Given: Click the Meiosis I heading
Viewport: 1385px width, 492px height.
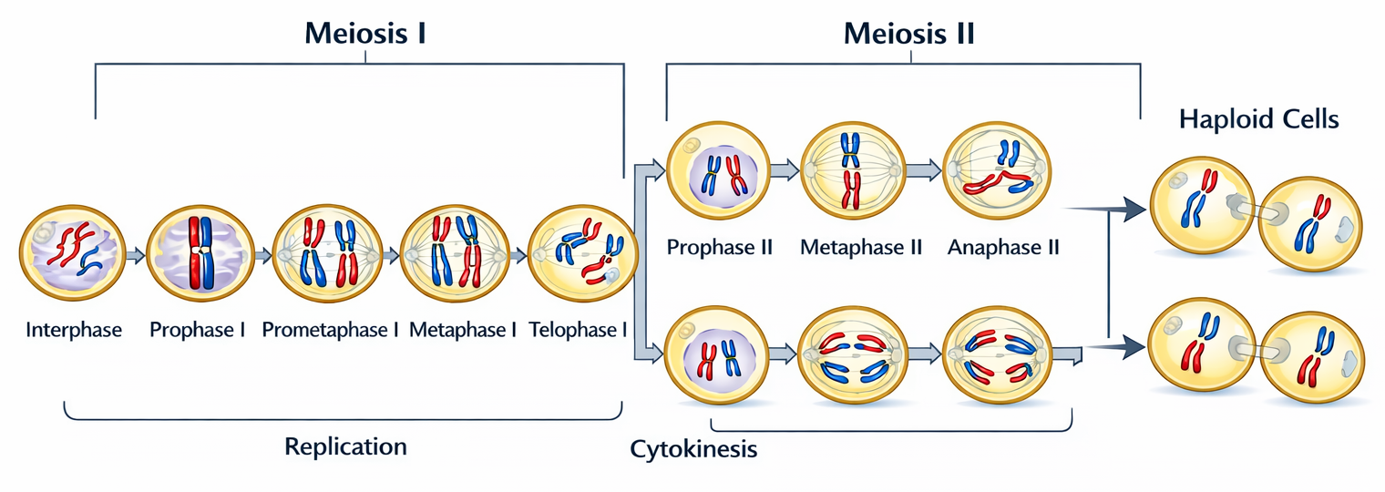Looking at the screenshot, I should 365,35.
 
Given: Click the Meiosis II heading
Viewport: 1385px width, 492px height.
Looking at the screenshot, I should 909,35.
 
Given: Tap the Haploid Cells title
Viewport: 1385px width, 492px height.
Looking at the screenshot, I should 1258,119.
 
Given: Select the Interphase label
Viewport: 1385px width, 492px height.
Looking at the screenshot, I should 74,330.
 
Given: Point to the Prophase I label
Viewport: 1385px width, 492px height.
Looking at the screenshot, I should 198,330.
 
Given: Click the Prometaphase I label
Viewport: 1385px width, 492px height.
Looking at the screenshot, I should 330,330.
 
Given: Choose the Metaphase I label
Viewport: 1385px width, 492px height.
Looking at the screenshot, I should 463,330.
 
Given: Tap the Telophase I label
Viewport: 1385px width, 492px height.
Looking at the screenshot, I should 578,330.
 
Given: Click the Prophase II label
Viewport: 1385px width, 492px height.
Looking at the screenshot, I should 720,247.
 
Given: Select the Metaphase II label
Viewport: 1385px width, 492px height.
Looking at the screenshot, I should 861,247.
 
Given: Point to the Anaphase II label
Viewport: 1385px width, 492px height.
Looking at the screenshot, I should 1003,247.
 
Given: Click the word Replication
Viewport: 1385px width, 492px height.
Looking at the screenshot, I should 345,446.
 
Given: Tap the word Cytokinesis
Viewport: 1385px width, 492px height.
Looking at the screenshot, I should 693,450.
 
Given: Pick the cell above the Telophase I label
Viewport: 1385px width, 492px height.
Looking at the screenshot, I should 580,253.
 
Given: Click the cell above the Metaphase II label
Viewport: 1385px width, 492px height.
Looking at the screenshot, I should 851,169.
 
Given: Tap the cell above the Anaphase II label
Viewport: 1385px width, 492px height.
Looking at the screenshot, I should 995,169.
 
